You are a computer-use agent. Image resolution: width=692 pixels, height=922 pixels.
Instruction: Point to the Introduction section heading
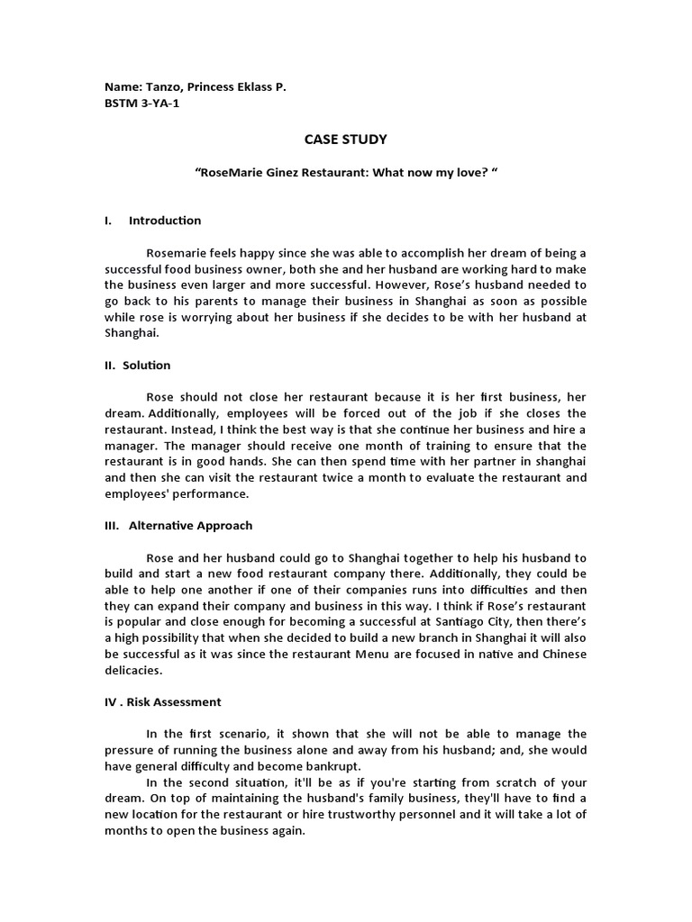(165, 221)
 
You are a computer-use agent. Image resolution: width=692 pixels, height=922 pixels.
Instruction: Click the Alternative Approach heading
(191, 526)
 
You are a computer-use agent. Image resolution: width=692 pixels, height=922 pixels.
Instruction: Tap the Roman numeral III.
(112, 526)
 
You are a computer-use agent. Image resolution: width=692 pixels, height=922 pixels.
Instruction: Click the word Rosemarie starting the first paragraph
(177, 253)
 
